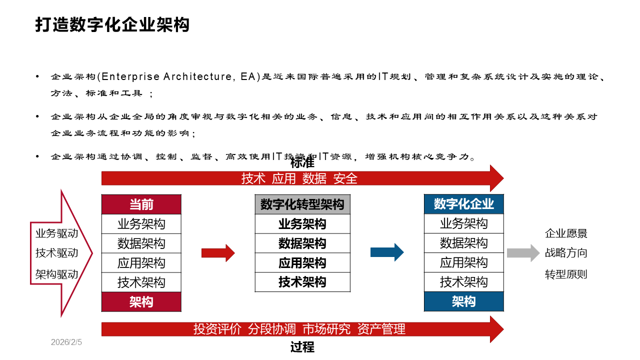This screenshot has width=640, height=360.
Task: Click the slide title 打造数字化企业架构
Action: pyautogui.click(x=112, y=24)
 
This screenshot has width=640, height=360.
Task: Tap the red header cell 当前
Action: pyautogui.click(x=141, y=204)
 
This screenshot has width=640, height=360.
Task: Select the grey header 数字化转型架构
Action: pyautogui.click(x=302, y=204)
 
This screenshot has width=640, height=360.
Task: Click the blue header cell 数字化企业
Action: pyautogui.click(x=463, y=204)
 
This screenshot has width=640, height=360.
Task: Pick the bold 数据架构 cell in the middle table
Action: pyautogui.click(x=302, y=243)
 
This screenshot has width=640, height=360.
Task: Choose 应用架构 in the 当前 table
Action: pyautogui.click(x=141, y=263)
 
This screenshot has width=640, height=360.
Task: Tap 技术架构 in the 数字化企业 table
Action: pyautogui.click(x=463, y=282)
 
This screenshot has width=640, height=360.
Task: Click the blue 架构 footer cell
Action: pyautogui.click(x=463, y=301)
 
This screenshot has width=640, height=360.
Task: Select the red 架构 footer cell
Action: pyautogui.click(x=141, y=302)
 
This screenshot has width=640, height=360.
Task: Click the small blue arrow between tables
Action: pyautogui.click(x=386, y=252)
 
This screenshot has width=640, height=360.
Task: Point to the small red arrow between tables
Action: pyautogui.click(x=218, y=253)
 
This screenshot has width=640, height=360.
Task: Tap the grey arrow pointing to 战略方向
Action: pyautogui.click(x=523, y=253)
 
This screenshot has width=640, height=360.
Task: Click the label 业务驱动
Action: pyautogui.click(x=57, y=233)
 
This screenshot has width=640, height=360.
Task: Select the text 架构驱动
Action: pyautogui.click(x=57, y=274)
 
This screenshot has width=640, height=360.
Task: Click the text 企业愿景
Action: pyautogui.click(x=566, y=233)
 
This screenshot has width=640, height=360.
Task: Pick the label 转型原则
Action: pyautogui.click(x=566, y=274)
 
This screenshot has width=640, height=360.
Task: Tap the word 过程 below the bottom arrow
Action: pyautogui.click(x=302, y=347)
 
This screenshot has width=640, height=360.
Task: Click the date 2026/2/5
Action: pyautogui.click(x=66, y=342)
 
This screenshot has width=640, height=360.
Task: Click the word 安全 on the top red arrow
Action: pyautogui.click(x=345, y=178)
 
